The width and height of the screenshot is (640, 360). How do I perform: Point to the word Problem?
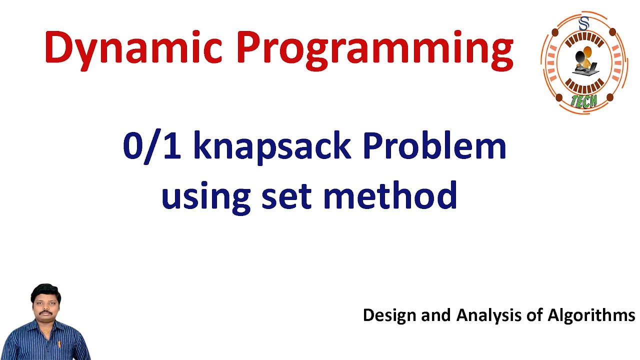(434, 145)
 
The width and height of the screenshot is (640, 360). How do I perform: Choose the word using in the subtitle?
(206, 197)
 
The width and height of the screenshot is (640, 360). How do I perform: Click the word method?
(390, 195)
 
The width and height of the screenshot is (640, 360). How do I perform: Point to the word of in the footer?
(534, 315)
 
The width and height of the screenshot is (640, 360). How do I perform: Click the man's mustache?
(45, 313)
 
